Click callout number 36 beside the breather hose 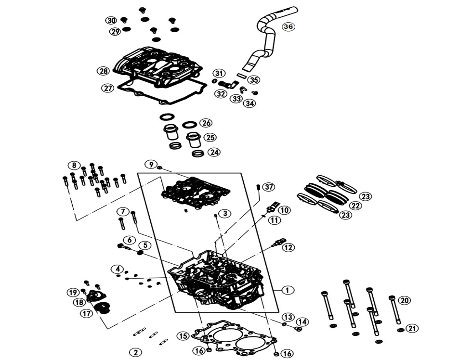288,26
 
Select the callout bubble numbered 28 103,71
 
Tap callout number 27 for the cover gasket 107,88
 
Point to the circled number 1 287,290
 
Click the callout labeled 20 404,300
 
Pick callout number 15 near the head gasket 182,336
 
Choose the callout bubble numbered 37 268,186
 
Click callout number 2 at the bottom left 136,352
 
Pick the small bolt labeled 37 259,187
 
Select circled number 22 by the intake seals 355,206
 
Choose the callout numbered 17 87,313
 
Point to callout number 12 288,247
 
